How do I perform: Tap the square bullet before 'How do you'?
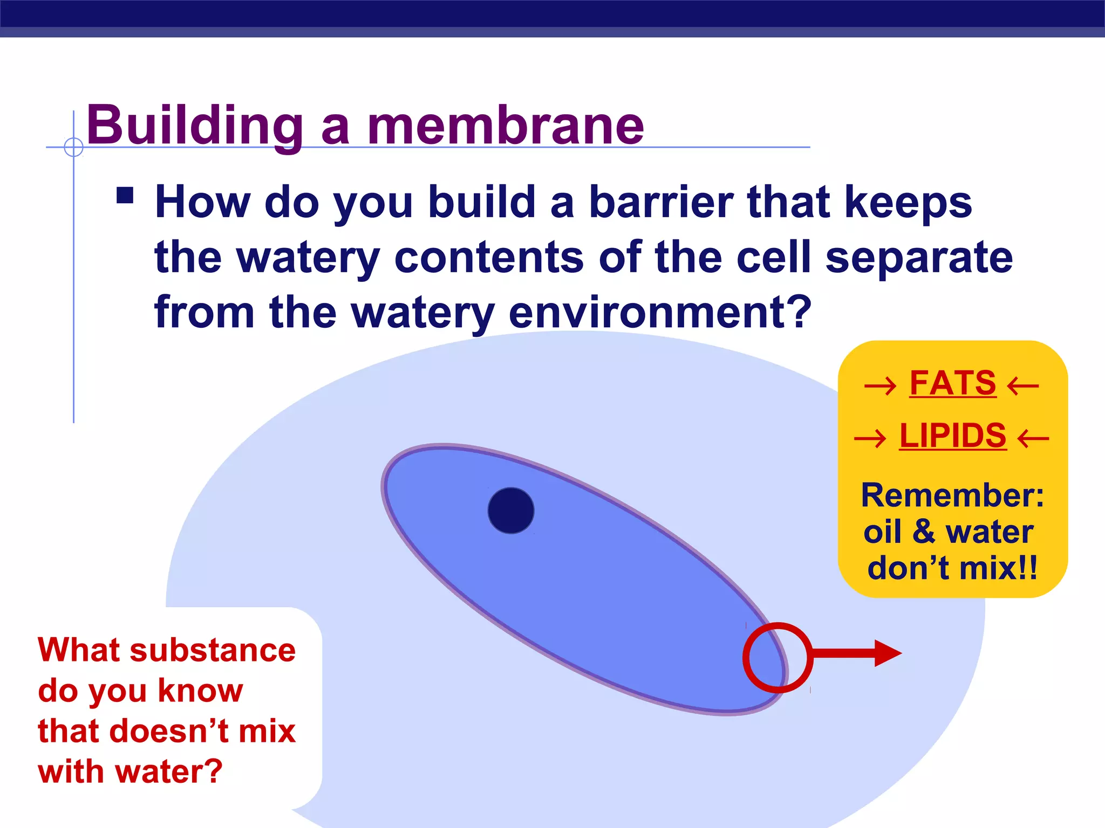125,195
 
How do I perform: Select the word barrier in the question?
661,202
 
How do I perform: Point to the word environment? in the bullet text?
659,313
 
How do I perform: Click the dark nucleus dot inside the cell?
511,510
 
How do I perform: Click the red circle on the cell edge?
777,657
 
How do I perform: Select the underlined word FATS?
953,383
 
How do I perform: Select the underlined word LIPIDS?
953,436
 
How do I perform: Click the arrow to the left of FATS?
880,386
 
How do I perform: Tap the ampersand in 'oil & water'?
924,532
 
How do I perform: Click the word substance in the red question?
213,650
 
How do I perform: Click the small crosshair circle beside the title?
73,147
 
